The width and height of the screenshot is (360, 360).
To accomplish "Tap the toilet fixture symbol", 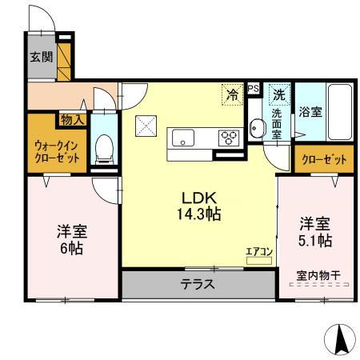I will click(x=102, y=149).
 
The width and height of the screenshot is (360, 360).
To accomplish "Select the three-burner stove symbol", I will click(x=230, y=137).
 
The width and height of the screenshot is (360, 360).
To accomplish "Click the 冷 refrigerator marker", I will click(x=233, y=94).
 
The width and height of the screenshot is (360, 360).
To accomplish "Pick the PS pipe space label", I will click(x=253, y=88).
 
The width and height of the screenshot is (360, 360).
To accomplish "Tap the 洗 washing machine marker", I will click(x=280, y=94).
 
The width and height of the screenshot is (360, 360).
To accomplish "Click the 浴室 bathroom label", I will click(x=310, y=112).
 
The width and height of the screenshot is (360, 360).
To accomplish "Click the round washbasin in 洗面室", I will click(x=256, y=128).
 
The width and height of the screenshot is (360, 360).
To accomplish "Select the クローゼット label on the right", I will click(x=324, y=158).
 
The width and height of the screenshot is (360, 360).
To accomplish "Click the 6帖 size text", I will click(x=72, y=247).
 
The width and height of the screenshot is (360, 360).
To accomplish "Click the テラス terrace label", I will click(x=196, y=284).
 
